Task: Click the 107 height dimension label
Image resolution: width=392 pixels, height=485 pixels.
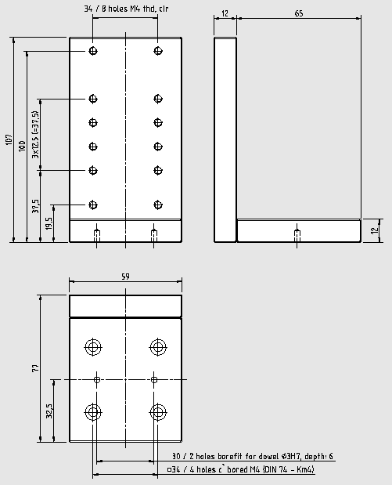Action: (9, 139)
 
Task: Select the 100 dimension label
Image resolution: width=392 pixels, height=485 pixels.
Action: (22, 146)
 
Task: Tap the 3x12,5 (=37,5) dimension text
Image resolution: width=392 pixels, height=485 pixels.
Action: (36, 135)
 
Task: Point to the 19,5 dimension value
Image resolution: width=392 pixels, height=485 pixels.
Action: (49, 223)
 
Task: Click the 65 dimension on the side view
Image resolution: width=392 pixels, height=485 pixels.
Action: (299, 13)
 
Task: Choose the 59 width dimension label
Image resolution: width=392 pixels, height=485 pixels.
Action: (125, 277)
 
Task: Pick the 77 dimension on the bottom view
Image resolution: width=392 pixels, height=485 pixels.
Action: (36, 368)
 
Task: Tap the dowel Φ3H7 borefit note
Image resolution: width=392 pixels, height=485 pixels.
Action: (253, 456)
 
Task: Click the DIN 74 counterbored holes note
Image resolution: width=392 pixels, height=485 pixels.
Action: (241, 469)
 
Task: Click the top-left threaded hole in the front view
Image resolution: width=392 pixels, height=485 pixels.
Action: (93, 51)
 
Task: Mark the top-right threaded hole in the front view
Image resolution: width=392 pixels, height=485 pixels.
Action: (158, 51)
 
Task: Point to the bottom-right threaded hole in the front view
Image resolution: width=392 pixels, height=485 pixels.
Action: (158, 204)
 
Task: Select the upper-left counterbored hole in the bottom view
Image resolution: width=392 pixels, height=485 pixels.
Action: (93, 347)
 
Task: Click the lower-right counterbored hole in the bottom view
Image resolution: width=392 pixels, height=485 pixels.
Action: (158, 412)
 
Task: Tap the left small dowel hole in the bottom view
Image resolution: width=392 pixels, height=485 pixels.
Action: (97, 379)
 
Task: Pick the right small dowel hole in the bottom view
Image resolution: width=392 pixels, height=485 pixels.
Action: (154, 379)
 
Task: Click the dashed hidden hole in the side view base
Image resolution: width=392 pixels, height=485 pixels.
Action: (297, 236)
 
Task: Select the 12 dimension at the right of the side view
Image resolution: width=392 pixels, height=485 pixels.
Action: (374, 230)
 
